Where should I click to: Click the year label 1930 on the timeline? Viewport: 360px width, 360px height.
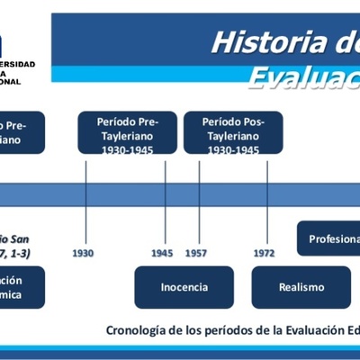pos(83,254)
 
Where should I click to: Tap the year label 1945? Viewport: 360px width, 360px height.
pos(163,254)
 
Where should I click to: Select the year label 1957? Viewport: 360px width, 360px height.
pos(195,254)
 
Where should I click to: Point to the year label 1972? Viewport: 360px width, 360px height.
pos(265,254)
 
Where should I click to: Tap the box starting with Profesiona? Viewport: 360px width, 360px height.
pos(329,239)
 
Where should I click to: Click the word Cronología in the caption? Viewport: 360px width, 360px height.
pos(138,330)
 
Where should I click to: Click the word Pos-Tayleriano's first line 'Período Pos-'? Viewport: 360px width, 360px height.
pos(233,120)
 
